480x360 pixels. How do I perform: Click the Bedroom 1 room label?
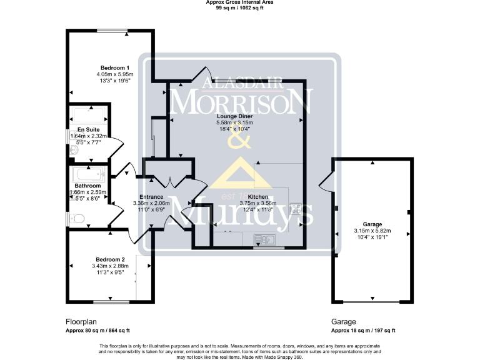pyautogui.click(x=114, y=67)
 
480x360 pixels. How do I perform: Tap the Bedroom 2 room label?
pyautogui.click(x=110, y=259)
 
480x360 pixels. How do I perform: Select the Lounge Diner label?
pyautogui.click(x=234, y=116)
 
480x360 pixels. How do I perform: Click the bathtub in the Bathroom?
pyautogui.click(x=89, y=174)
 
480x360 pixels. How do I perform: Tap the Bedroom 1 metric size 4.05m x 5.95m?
pyautogui.click(x=114, y=74)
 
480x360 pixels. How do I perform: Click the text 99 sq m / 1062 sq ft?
pyautogui.click(x=240, y=9)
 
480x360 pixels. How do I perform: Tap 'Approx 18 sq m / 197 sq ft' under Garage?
pyautogui.click(x=363, y=331)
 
